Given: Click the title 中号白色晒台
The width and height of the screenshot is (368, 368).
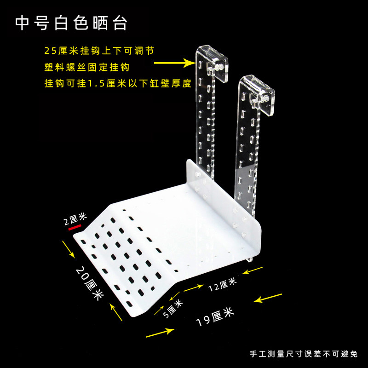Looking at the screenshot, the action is tap(71, 23).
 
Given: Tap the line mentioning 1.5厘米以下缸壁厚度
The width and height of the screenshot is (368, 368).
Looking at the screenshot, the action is tap(117, 84).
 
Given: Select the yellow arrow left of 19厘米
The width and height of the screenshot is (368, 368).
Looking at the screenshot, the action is tap(160, 333).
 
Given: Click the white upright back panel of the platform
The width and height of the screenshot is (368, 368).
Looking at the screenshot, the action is tap(221, 193).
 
